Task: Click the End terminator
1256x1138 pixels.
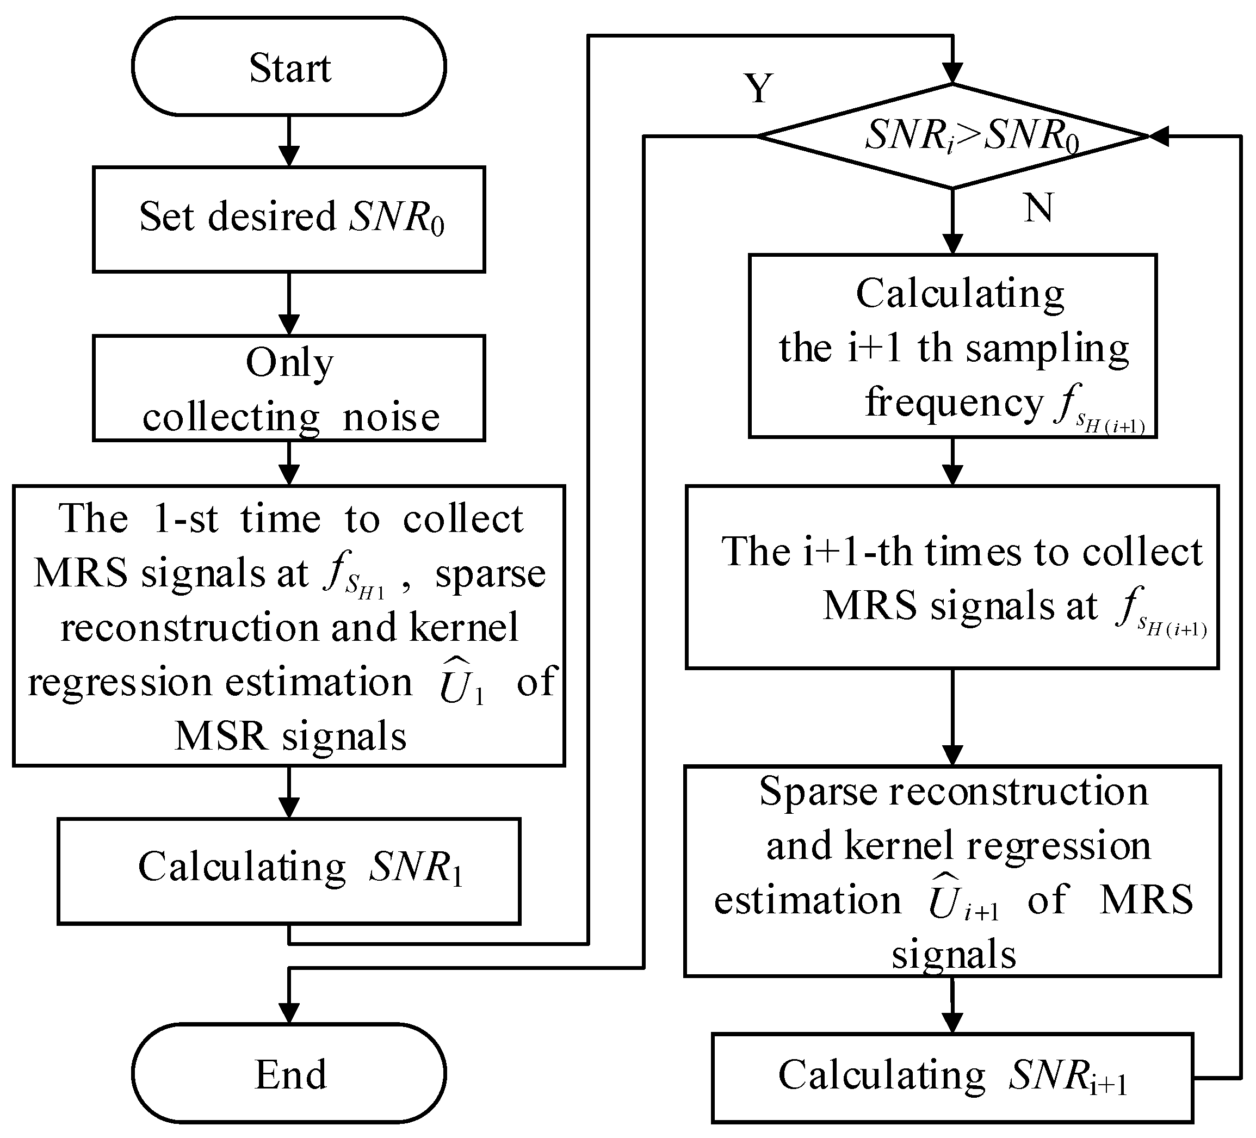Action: click(x=289, y=1074)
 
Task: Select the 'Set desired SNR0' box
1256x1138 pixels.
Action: click(x=289, y=219)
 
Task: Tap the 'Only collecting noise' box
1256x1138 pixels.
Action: click(x=289, y=388)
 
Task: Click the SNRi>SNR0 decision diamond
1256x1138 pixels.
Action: click(x=952, y=136)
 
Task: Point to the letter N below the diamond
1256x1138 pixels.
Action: click(x=1038, y=207)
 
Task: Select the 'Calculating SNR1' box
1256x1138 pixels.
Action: click(x=289, y=871)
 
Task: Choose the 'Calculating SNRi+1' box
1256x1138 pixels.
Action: click(x=952, y=1078)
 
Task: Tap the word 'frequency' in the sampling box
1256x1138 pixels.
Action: click(x=953, y=402)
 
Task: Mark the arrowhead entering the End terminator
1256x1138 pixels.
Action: click(x=289, y=1013)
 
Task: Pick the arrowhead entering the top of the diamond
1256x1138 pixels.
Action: click(x=952, y=73)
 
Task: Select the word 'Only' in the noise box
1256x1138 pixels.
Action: click(x=289, y=362)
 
